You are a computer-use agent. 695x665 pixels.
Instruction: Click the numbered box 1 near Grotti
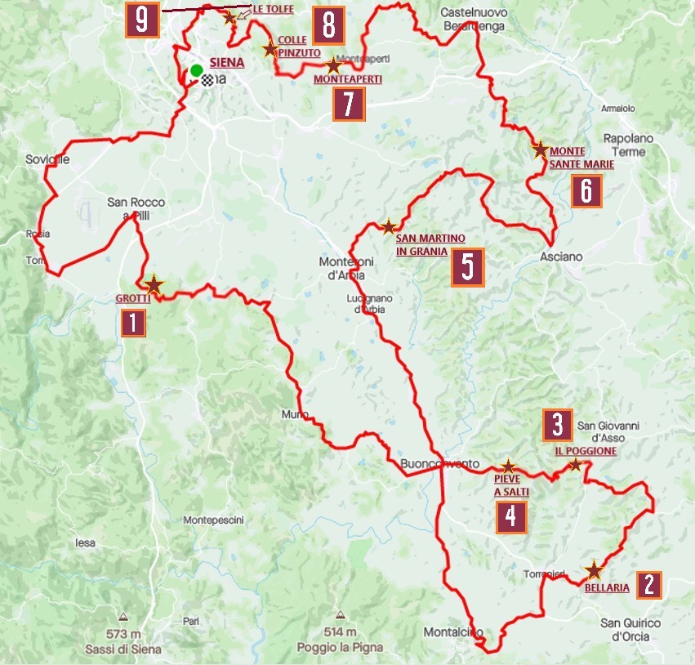click(133, 324)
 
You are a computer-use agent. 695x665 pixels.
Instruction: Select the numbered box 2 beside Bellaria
click(648, 584)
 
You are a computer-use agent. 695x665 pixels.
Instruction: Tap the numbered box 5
click(467, 267)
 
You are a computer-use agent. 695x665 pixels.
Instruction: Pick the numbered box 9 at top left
click(142, 21)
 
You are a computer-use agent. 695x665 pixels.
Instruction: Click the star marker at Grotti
click(154, 284)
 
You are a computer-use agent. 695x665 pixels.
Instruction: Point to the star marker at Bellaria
click(594, 570)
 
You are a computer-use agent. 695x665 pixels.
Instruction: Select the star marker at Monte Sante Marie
click(540, 150)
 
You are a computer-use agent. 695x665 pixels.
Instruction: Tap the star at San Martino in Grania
click(389, 226)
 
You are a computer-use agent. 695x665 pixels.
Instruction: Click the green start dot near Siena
click(196, 70)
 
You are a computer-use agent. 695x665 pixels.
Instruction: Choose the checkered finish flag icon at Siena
click(208, 80)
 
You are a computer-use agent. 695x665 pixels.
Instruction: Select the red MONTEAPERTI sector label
click(348, 80)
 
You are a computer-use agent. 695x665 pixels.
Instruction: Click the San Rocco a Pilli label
click(136, 208)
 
